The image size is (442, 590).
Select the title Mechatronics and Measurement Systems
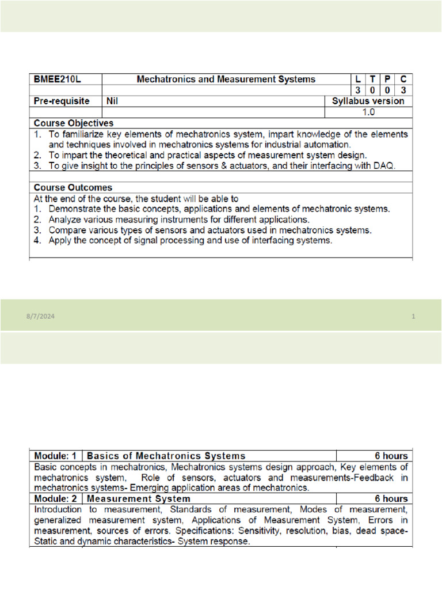coord(226,80)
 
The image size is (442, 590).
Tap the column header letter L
coord(359,80)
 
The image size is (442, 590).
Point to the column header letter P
coord(388,80)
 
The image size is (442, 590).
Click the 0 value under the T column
coord(374,90)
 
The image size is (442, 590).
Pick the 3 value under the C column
coord(404,90)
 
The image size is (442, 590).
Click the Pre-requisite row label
coord(62,101)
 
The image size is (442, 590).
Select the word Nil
coord(113,101)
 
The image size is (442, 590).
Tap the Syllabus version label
coord(368,101)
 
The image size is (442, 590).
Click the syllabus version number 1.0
coord(368,112)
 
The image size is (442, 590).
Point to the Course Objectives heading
coord(74,123)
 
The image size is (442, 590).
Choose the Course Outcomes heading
coord(73,188)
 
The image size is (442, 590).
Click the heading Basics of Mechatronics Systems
coord(166,456)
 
